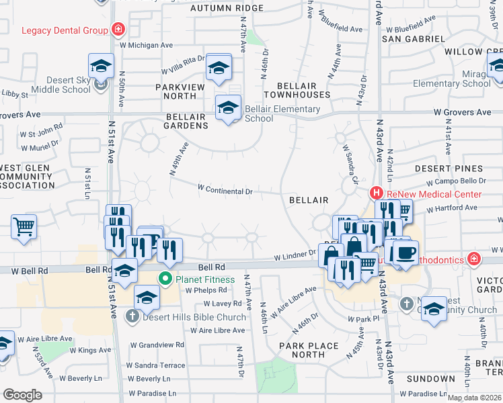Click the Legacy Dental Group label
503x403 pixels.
[65, 30]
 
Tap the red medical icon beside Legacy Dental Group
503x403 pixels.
[118, 30]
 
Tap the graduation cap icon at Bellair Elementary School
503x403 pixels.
[228, 108]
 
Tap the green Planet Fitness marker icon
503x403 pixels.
[164, 279]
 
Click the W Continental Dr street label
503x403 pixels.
[225, 191]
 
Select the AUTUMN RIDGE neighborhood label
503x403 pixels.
[227, 8]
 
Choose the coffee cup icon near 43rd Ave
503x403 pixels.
[405, 253]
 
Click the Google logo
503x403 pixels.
[22, 395]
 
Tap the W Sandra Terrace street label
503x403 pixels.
[157, 365]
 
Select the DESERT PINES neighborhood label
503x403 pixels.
[449, 168]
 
